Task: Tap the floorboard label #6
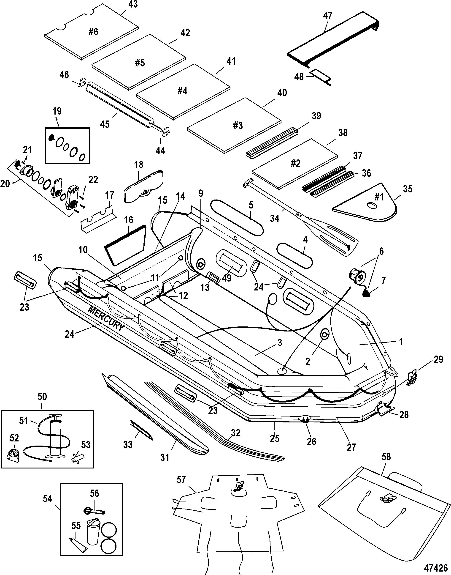pos(93,32)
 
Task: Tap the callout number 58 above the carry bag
pos(386,457)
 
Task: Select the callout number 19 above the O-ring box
pos(57,111)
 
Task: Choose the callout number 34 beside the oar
pos(275,218)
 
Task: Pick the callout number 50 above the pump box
pos(42,397)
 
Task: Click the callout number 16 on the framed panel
pos(129,220)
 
